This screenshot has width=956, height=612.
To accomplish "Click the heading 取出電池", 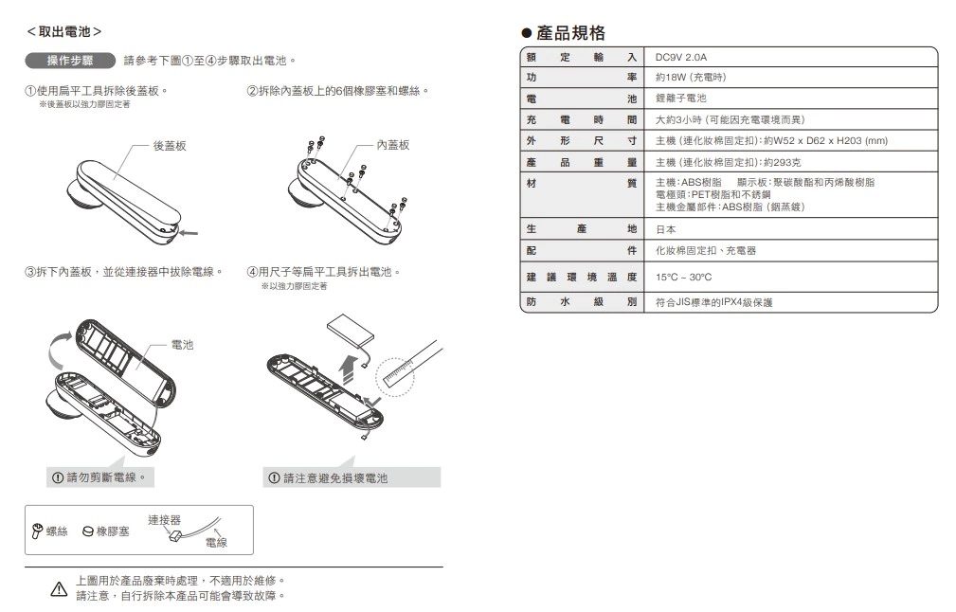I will [x=64, y=31].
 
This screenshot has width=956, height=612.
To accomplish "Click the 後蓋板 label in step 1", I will [x=170, y=146].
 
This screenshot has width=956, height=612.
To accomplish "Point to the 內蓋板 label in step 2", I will [x=392, y=145].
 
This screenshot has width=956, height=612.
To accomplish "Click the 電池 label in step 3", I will [x=182, y=345].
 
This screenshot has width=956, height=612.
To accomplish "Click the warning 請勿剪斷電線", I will [x=99, y=477].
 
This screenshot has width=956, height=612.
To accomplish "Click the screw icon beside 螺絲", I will [x=37, y=531].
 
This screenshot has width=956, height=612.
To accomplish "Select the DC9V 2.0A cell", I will [x=681, y=57].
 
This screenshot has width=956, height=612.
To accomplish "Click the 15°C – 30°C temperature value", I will [x=683, y=278].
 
